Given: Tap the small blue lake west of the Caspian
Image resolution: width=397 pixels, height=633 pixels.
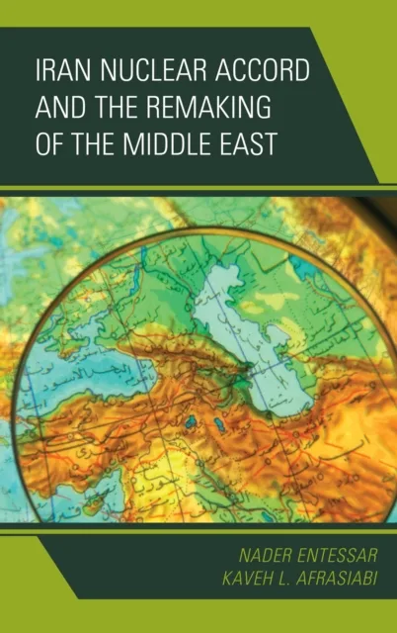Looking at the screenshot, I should [x=189, y=421].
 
